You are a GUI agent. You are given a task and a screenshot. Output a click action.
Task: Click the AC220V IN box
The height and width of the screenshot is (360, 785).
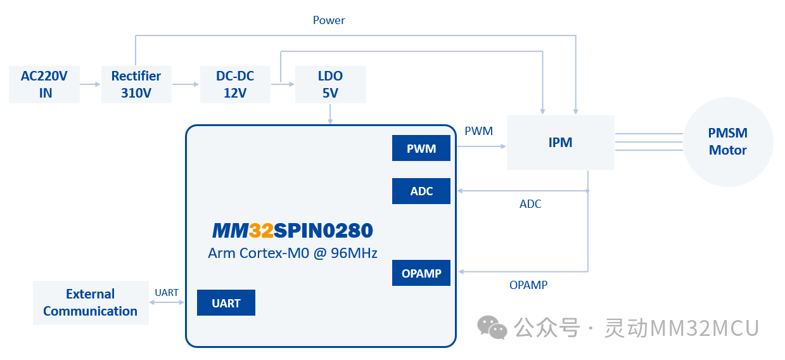pos(44,84)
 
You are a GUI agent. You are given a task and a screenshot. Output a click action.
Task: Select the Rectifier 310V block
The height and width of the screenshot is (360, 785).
pos(136,84)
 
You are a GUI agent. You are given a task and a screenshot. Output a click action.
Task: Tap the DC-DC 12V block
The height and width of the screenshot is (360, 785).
pos(235,84)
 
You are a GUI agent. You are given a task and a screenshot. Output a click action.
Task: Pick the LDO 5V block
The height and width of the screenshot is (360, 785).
pos(330,84)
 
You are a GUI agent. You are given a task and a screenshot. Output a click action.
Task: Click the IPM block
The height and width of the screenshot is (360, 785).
pos(560,143)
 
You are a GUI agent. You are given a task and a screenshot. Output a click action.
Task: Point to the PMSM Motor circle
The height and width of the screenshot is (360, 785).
pos(728,142)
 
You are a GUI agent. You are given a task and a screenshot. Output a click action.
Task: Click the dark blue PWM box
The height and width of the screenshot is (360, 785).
pos(421,148)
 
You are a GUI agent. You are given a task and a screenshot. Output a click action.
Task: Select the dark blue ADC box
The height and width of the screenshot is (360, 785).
pos(421,191)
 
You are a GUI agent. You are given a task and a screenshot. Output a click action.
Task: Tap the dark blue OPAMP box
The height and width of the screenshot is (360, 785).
pos(421,273)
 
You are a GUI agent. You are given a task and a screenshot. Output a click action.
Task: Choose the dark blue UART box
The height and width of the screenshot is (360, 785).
pos(226,303)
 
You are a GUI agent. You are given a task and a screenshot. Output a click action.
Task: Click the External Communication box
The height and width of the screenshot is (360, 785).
pos(91,303)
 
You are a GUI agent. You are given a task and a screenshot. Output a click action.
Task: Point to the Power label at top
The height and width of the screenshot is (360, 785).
pos(329,20)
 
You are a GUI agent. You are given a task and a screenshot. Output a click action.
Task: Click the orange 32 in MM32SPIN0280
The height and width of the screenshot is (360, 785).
pos(261,230)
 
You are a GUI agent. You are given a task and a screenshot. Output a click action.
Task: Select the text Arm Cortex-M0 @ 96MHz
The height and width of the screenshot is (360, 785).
pos(293,253)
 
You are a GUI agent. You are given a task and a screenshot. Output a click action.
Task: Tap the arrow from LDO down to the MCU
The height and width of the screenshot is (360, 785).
pos(330,114)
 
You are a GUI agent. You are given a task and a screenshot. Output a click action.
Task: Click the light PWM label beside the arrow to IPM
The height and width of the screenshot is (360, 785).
pos(478,131)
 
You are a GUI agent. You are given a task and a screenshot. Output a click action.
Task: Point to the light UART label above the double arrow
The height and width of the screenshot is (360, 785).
pos(167,292)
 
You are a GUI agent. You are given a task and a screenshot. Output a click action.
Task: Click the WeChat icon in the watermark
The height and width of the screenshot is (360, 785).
pos(492,328)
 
